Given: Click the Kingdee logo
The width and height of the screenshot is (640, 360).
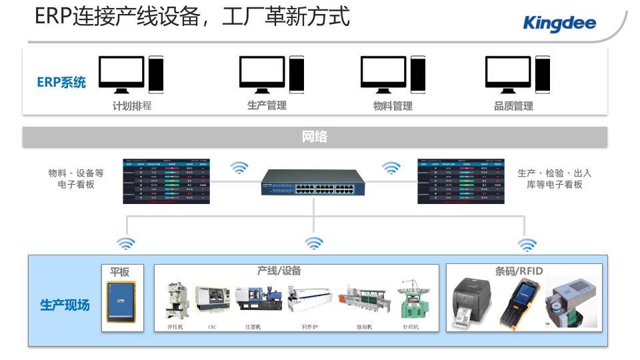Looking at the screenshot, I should tap(559, 24).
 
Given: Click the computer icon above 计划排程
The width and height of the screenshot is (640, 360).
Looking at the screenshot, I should tap(131, 74).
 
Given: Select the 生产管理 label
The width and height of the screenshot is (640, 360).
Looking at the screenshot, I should tap(267, 105).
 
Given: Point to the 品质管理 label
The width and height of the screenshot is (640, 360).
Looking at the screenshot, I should tap(513, 105).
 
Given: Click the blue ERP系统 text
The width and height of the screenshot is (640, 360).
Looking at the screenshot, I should tap(61, 83).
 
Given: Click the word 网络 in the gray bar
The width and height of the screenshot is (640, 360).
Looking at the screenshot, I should tap(315, 137).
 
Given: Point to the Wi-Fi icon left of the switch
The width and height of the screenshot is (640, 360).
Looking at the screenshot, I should tap(239, 167).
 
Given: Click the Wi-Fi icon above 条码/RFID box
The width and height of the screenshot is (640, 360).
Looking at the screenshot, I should tap(527, 244).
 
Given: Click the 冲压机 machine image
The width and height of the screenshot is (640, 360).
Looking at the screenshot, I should tap(177, 301).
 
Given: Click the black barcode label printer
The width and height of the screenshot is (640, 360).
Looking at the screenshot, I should tap(474, 302).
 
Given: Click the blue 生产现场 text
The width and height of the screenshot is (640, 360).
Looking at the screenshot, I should tap(65, 305).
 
